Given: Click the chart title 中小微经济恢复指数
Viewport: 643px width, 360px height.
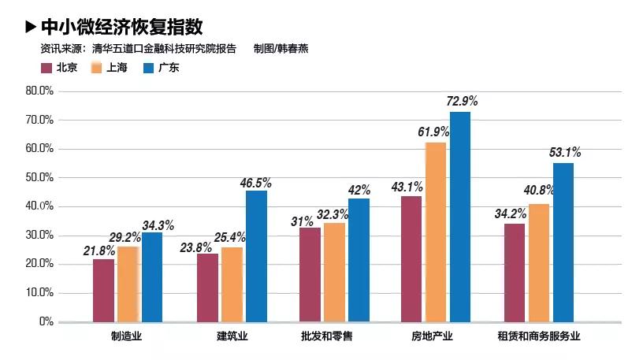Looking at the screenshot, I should pos(121,28).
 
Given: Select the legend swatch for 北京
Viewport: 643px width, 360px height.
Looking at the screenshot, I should pos(45,68).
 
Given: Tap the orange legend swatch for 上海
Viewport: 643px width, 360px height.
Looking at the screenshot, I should pos(96,68).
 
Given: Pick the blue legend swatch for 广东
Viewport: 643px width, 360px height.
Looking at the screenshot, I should pos(147,68).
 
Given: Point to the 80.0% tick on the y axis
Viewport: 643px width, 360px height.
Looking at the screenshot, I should pos(39,91).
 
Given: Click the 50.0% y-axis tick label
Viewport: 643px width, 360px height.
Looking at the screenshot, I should pos(39,177).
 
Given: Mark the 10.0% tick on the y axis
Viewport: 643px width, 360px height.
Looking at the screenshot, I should pos(39,293).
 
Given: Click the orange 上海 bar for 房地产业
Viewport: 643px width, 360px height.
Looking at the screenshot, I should pos(436,232).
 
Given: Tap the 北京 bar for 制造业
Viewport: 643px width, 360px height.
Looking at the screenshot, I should pos(103,290).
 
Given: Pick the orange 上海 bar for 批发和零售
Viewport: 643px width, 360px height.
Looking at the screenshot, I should pos(335,273).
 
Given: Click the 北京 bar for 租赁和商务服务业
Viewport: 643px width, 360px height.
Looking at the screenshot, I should pos(515,273).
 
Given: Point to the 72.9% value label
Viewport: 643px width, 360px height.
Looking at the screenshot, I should pos(462,102).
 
